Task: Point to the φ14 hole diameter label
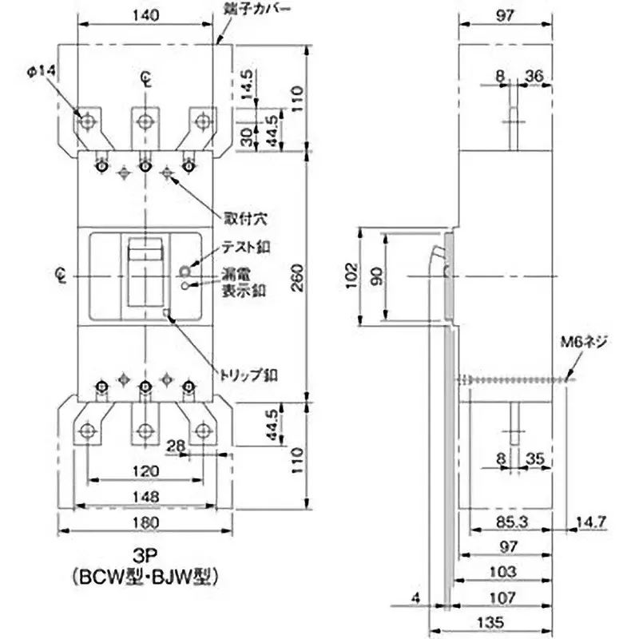[40, 72]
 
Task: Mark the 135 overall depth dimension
[509, 620]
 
